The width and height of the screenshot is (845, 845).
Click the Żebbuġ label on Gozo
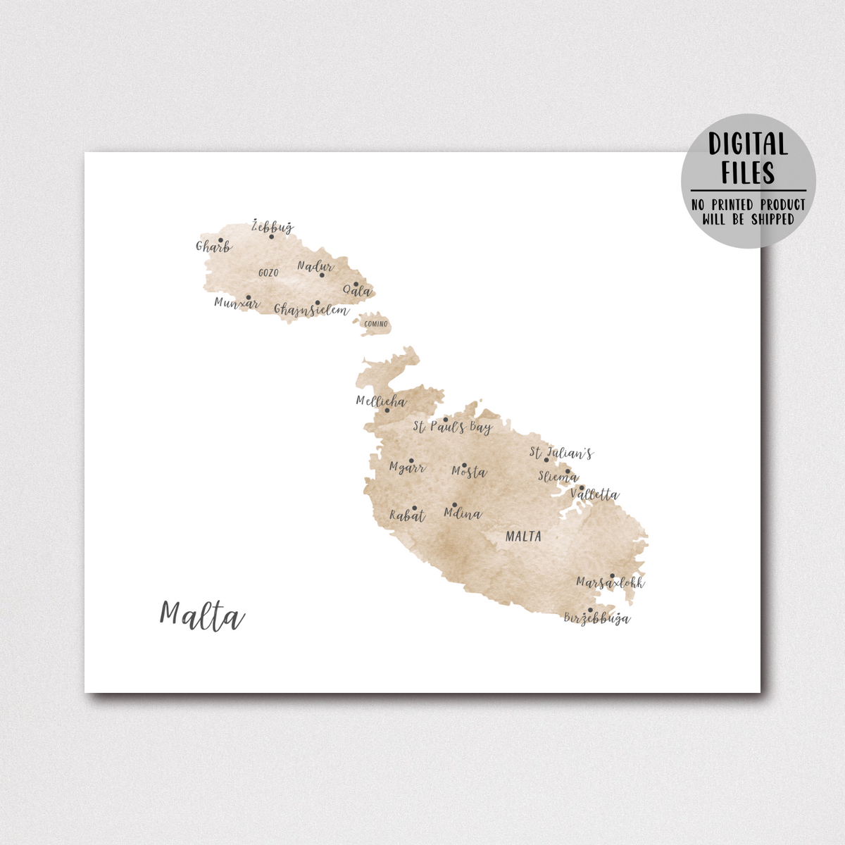pyautogui.click(x=273, y=227)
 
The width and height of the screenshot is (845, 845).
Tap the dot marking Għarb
pyautogui.click(x=220, y=240)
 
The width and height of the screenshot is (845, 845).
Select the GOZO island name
pyautogui.click(x=268, y=273)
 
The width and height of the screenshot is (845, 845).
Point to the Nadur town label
pyautogui.click(x=315, y=266)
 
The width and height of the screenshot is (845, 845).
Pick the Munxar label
pyautogui.click(x=237, y=303)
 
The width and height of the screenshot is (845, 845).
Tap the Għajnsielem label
pyautogui.click(x=311, y=310)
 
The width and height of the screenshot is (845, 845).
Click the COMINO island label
pyautogui.click(x=376, y=324)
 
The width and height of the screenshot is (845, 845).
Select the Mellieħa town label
pyautogui.click(x=381, y=401)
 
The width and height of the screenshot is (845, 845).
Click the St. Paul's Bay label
pyautogui.click(x=452, y=427)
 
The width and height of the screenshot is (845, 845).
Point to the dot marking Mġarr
pyautogui.click(x=411, y=461)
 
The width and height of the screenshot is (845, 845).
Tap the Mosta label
pyautogui.click(x=469, y=472)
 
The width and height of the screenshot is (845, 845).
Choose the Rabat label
pyautogui.click(x=408, y=516)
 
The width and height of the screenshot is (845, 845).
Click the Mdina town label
pyautogui.click(x=463, y=513)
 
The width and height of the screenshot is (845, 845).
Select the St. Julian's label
pyautogui.click(x=561, y=453)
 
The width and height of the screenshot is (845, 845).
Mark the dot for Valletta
pyautogui.click(x=582, y=487)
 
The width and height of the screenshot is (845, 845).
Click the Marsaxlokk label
pyautogui.click(x=610, y=583)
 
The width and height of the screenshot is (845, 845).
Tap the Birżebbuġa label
pyautogui.click(x=597, y=618)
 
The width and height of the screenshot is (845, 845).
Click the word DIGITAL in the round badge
pyautogui.click(x=748, y=144)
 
